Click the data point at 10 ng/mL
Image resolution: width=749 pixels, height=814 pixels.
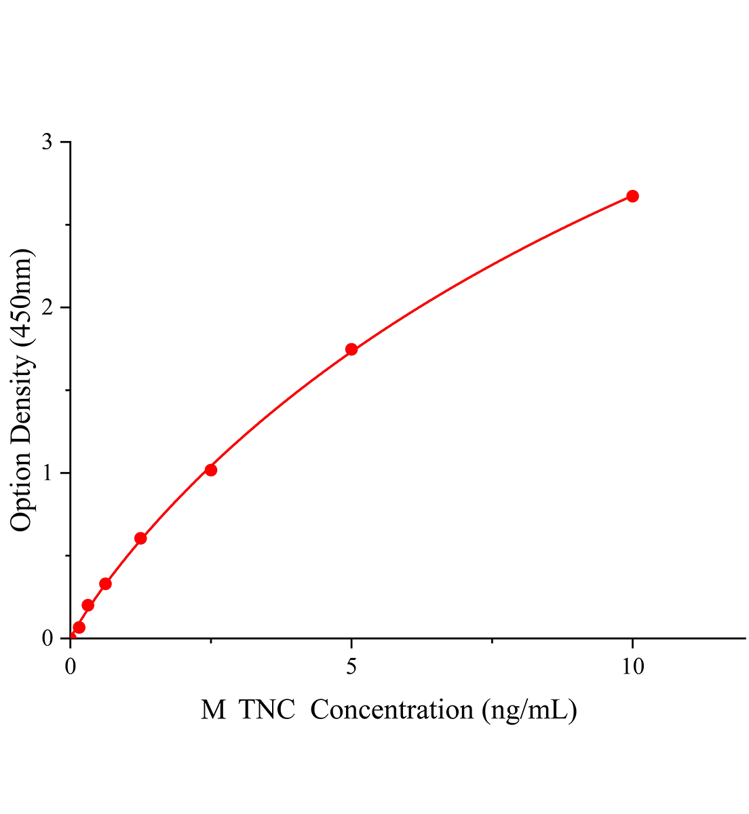coord(632,196)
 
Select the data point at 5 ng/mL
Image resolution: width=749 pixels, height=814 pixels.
coord(351,349)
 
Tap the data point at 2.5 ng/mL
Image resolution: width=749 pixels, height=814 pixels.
coord(211,469)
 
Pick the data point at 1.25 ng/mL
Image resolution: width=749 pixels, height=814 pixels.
coord(140,538)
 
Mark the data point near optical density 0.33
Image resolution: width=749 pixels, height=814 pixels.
coord(105,583)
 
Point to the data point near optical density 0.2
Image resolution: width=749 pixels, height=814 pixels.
coord(88,605)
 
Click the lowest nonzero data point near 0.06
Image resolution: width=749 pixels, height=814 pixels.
coord(79,627)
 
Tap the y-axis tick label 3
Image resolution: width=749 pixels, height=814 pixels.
coord(47,142)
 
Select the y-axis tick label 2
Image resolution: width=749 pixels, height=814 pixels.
coord(47,307)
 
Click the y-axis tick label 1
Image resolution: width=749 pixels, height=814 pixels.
coord(47,473)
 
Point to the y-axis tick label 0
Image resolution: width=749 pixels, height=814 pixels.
coord(47,638)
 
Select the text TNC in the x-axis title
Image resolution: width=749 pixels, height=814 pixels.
coord(268,710)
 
